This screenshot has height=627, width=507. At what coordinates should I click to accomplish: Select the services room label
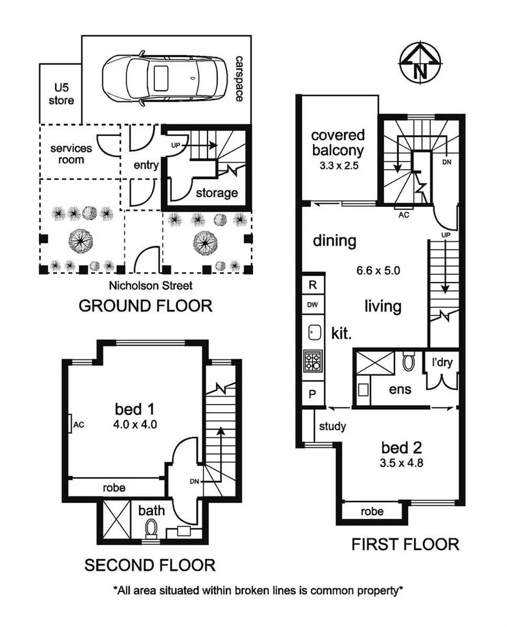coord(71,154)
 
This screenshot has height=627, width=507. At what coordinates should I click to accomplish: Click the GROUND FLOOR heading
coord(145,306)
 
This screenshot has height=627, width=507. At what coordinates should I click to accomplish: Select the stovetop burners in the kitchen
coord(313,361)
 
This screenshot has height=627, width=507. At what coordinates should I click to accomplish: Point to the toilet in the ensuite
coord(408,361)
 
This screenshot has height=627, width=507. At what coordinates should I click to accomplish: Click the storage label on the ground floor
coord(217,193)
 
